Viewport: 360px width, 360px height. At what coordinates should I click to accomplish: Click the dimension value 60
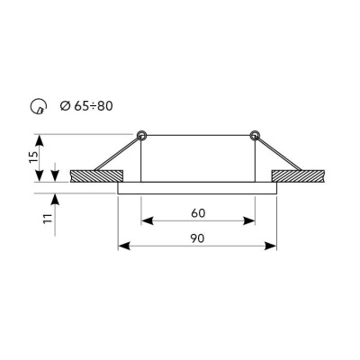tap(198, 213)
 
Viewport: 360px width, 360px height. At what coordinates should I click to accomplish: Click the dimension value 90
tap(197, 238)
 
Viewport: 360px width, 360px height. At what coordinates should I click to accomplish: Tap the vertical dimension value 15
tap(34, 157)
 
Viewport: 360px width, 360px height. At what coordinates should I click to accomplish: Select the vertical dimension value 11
tap(48, 218)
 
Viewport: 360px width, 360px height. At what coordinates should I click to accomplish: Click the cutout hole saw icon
tap(39, 106)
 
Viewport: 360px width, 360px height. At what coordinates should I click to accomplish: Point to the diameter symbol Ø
tap(65, 106)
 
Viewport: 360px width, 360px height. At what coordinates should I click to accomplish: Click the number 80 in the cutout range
tap(104, 106)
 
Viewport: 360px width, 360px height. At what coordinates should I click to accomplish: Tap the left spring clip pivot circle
tap(141, 136)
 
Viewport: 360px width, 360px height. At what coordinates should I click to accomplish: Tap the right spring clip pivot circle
tap(255, 136)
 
